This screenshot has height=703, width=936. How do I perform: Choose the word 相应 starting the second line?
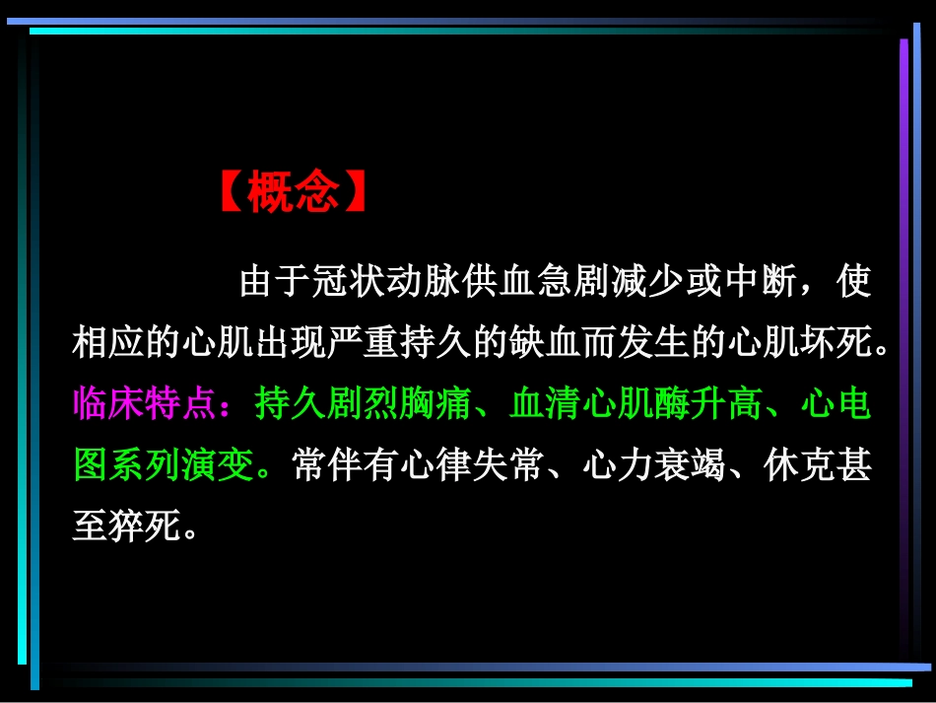109,344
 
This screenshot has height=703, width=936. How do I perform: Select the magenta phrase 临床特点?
145,404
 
